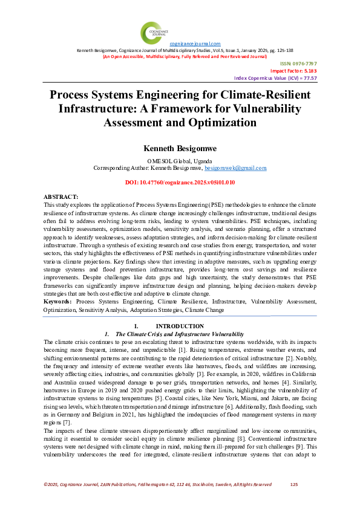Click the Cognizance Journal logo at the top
click(x=152, y=33)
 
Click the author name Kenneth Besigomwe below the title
click(x=180, y=148)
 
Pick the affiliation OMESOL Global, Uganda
click(x=180, y=160)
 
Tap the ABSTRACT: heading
click(x=61, y=198)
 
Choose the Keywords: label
click(x=59, y=300)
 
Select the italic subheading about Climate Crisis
click(x=179, y=334)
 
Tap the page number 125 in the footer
click(x=295, y=484)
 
